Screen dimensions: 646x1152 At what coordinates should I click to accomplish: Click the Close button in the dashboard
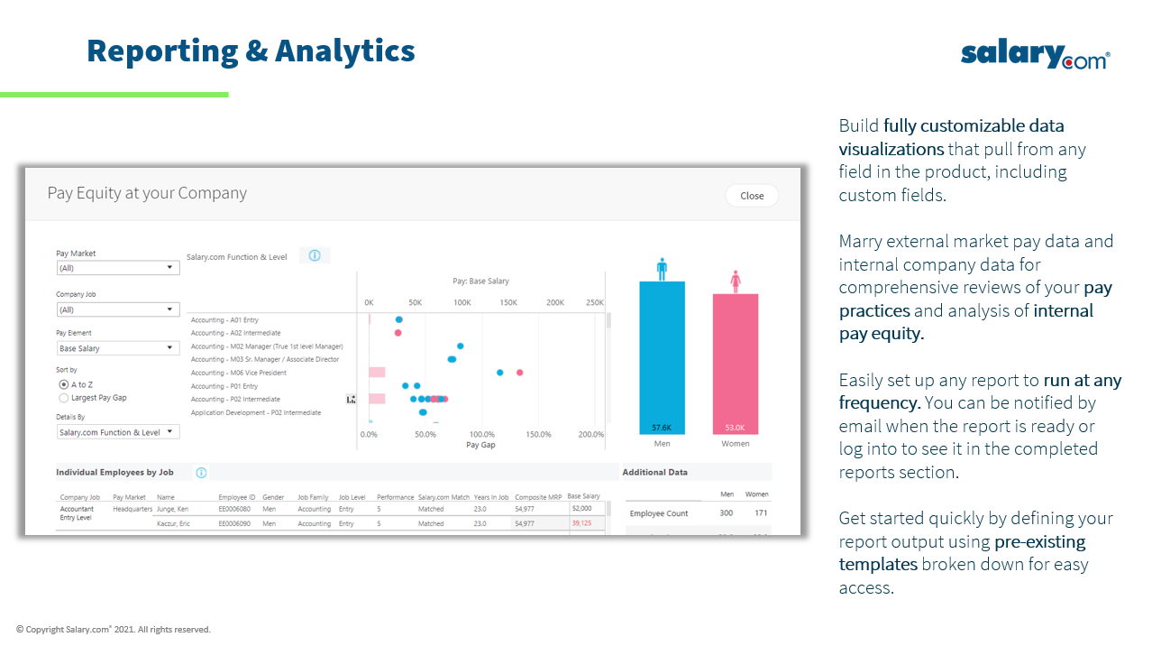[x=751, y=196]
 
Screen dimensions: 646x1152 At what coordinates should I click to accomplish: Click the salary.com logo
[x=1034, y=55]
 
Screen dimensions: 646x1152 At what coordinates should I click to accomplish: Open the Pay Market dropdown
[x=118, y=268]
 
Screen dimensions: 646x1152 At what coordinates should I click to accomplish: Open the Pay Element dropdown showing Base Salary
[x=118, y=348]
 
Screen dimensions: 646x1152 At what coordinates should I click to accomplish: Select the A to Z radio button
[x=64, y=384]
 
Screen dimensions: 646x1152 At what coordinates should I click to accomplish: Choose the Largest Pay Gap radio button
[x=64, y=397]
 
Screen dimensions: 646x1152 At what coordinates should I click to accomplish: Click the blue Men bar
[x=662, y=352]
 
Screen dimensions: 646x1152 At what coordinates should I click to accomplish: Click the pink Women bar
[x=735, y=356]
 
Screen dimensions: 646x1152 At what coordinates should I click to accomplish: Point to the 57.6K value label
[x=662, y=428]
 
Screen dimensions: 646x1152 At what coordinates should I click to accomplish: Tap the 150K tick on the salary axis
[x=508, y=303]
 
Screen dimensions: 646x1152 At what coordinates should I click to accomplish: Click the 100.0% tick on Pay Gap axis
[x=481, y=434]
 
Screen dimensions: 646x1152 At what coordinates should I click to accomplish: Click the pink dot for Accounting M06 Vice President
[x=519, y=372]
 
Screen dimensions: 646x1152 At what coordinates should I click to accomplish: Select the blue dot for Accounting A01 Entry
[x=398, y=319]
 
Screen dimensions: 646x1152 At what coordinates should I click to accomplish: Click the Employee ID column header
[x=237, y=497]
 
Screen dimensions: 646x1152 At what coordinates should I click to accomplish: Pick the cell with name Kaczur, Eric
[x=174, y=523]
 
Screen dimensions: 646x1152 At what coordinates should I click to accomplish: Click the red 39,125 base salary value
[x=581, y=523]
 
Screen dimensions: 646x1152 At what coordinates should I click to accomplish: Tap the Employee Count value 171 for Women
[x=761, y=513]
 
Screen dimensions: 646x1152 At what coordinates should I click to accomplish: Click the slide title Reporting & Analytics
[x=251, y=51]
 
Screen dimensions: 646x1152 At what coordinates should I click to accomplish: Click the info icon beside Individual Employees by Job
[x=201, y=473]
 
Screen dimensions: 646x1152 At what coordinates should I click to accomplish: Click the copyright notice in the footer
[x=114, y=630]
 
